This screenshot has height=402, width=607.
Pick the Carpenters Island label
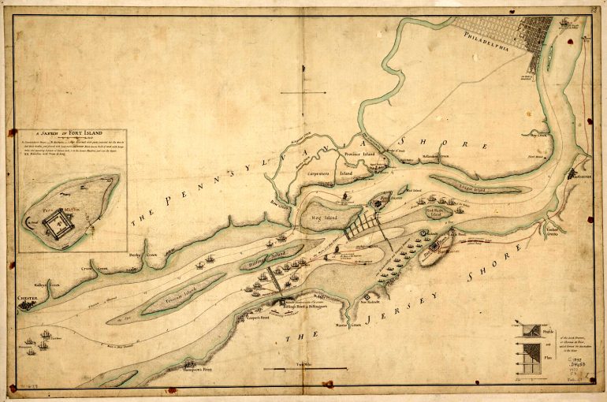coord(332,170)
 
